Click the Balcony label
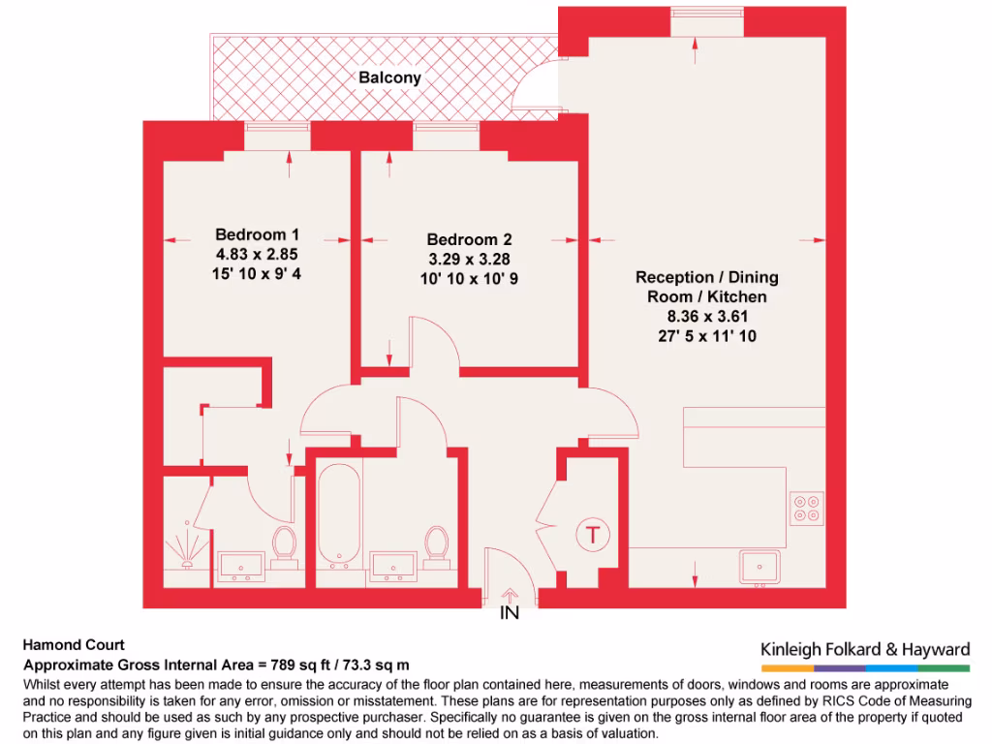coord(389,77)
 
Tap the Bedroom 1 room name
coord(257,234)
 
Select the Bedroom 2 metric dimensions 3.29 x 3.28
coord(469,259)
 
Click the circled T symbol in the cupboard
coord(590,533)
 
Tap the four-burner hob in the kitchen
coord(807,509)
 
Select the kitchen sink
coord(759,566)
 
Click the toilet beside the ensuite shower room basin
coord(284,545)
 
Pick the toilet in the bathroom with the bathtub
coord(437,545)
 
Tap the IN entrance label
coord(510,613)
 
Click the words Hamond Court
coord(74,645)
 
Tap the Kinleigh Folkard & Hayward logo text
coord(865,649)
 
